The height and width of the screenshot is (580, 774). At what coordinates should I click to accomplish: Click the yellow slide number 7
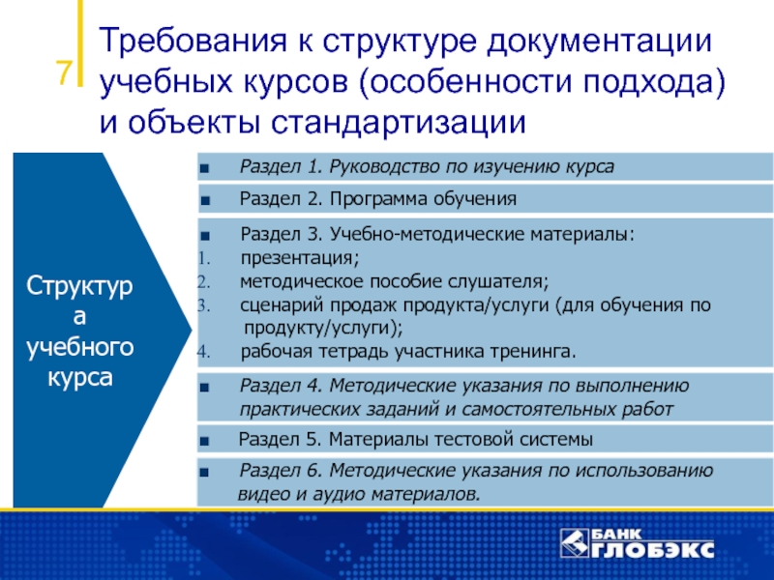(64, 72)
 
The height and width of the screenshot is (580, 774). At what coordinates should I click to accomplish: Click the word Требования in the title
(193, 41)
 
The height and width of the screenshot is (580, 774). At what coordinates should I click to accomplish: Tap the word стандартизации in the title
(399, 122)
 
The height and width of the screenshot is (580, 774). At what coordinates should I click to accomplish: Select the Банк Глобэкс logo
(638, 543)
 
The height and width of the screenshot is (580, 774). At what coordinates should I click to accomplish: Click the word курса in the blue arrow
(80, 378)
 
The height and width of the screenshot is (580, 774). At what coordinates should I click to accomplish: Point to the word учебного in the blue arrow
(80, 348)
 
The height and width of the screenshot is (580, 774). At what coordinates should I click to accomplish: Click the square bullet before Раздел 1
(204, 168)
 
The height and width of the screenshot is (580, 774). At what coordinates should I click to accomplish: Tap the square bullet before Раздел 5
(204, 441)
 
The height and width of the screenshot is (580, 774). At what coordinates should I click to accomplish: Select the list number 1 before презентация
(204, 258)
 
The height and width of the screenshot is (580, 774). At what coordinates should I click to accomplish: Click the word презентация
(300, 258)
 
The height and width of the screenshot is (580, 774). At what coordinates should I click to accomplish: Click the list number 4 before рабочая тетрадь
(204, 352)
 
